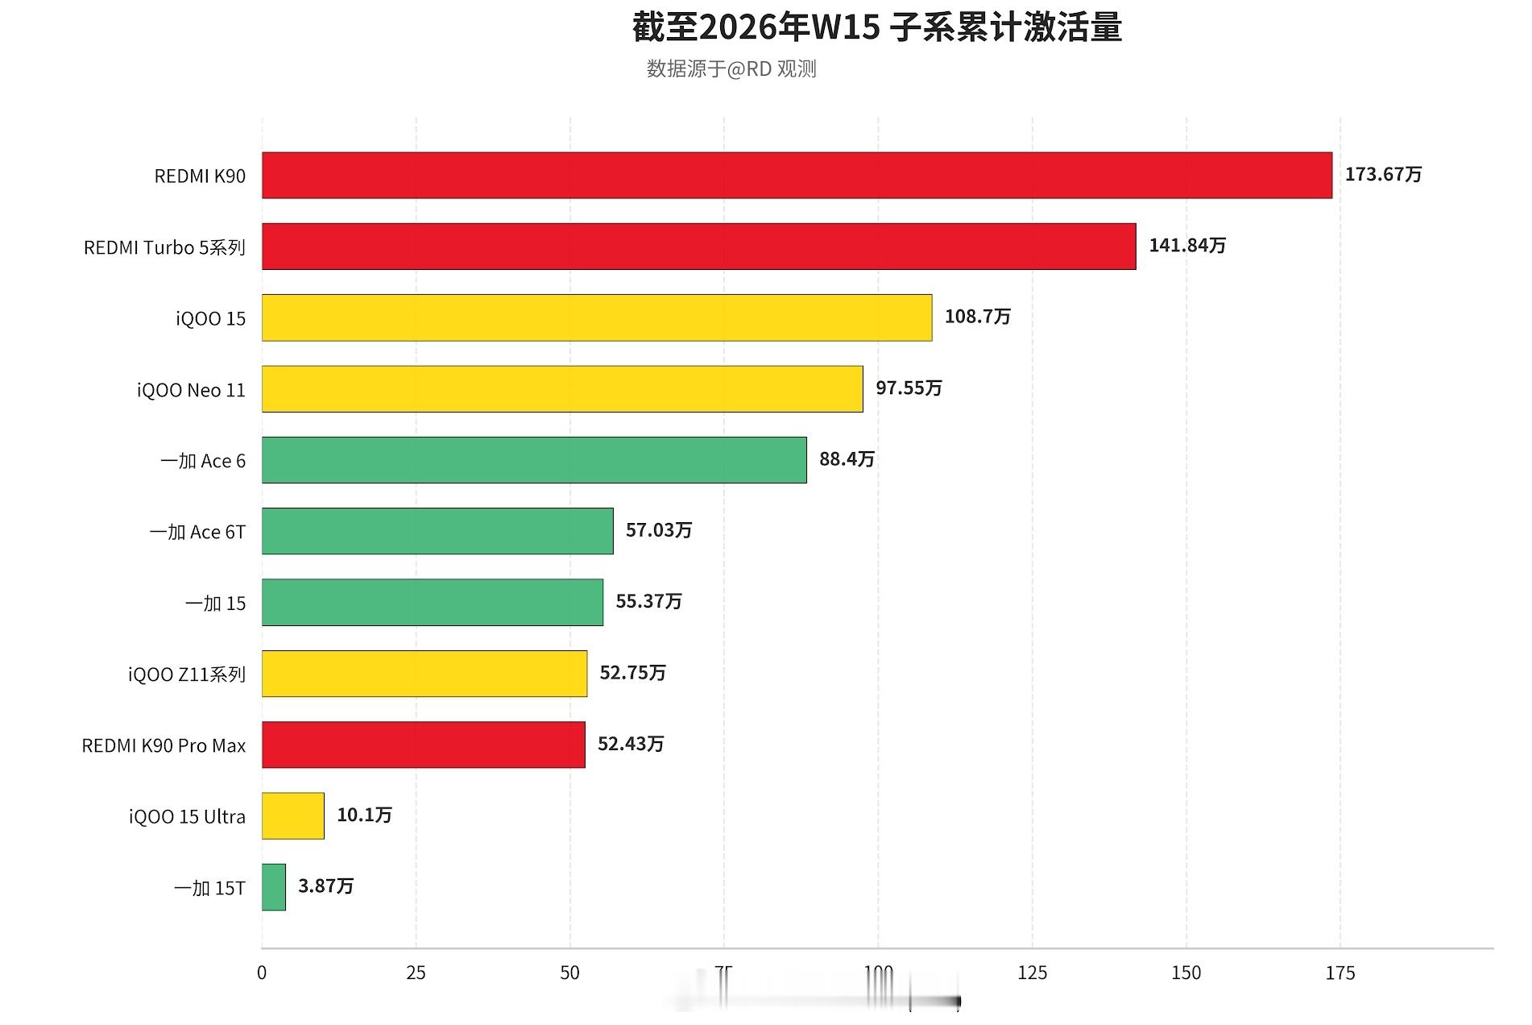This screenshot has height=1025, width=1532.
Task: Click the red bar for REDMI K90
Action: coord(797,176)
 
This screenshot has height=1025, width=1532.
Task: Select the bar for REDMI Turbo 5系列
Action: coord(698,247)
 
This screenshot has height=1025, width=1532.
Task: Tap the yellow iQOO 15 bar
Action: coord(597,317)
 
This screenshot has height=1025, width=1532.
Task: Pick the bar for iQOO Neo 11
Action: coord(562,389)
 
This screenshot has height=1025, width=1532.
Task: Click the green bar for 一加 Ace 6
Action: coord(534,460)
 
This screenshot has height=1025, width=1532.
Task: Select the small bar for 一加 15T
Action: coord(274,887)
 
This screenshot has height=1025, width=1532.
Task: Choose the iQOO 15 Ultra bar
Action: coord(293,816)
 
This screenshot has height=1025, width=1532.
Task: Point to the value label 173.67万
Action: coord(1383,174)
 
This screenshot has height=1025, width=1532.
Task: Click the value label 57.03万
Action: coord(659,530)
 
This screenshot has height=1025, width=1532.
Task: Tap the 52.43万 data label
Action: coord(631,744)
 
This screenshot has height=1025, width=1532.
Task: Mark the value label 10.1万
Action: coord(364,815)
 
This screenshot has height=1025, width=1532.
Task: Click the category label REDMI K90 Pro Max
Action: coord(164,746)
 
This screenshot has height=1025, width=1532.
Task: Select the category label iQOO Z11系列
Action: coord(187,674)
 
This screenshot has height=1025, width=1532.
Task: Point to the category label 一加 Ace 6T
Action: coord(197,532)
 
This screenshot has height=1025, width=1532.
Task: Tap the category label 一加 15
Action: coord(215,604)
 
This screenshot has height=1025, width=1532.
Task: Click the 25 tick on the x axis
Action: coord(416,973)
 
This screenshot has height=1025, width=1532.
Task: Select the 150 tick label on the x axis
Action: coord(1186,973)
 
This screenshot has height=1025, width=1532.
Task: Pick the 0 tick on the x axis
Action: coord(262,973)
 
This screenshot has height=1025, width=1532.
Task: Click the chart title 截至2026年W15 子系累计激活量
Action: coord(876,27)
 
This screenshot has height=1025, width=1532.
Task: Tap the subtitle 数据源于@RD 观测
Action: coord(731,69)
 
